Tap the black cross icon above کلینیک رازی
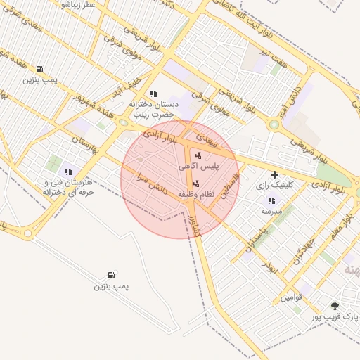tap(274, 174)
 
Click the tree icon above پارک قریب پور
tap(335, 306)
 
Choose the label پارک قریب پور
tap(335, 318)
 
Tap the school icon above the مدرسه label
tap(271, 200)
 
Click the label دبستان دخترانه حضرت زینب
tap(154, 108)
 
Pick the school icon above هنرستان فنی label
tap(68, 172)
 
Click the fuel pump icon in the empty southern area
tap(111, 275)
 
